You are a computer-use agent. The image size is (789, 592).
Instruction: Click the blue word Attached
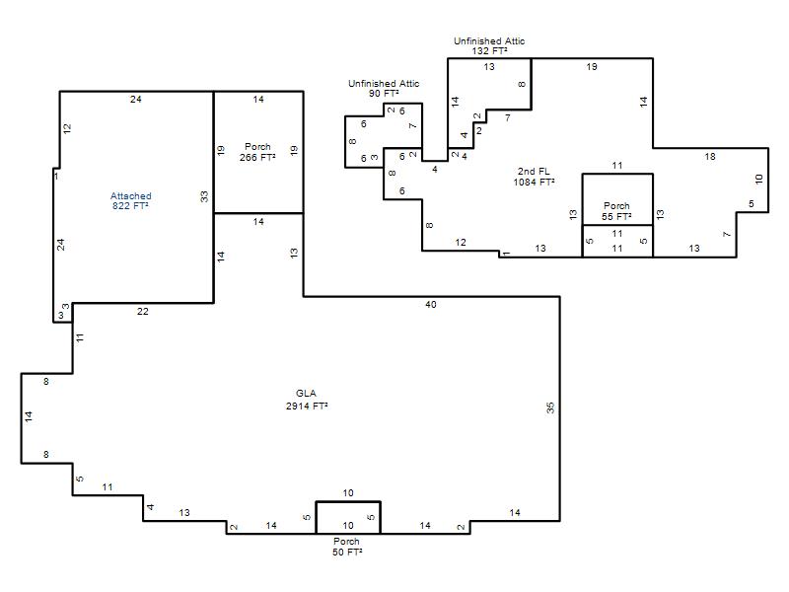click(x=131, y=195)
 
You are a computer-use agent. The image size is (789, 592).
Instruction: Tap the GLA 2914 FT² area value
click(x=307, y=406)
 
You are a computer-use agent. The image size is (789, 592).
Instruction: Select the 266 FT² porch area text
click(x=257, y=157)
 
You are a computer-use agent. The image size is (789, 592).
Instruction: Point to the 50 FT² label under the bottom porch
click(x=347, y=552)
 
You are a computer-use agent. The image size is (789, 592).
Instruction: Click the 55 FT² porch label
click(x=617, y=216)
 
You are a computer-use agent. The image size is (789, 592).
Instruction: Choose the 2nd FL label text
click(x=534, y=171)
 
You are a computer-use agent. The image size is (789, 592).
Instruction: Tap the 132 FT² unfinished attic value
click(x=489, y=51)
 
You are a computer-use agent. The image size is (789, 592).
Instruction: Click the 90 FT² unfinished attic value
click(x=384, y=93)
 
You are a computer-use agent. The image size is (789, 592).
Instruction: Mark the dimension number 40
click(x=431, y=305)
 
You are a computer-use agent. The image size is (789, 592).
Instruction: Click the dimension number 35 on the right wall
click(x=550, y=407)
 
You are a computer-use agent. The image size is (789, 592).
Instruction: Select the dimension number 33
click(x=204, y=196)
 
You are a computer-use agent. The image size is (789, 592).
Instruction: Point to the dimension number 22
click(x=143, y=312)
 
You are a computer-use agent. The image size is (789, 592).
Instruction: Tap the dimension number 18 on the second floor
click(x=710, y=157)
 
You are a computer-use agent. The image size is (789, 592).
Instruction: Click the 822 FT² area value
click(x=131, y=206)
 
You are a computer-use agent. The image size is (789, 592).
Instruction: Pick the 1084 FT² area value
click(x=535, y=182)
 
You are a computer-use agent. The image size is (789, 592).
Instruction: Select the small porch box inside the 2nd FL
click(x=618, y=199)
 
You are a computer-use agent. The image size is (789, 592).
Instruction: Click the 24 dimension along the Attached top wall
click(x=136, y=100)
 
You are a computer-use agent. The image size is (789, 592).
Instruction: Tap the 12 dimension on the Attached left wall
click(x=67, y=128)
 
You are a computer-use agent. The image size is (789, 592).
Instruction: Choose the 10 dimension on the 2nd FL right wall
click(x=759, y=179)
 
